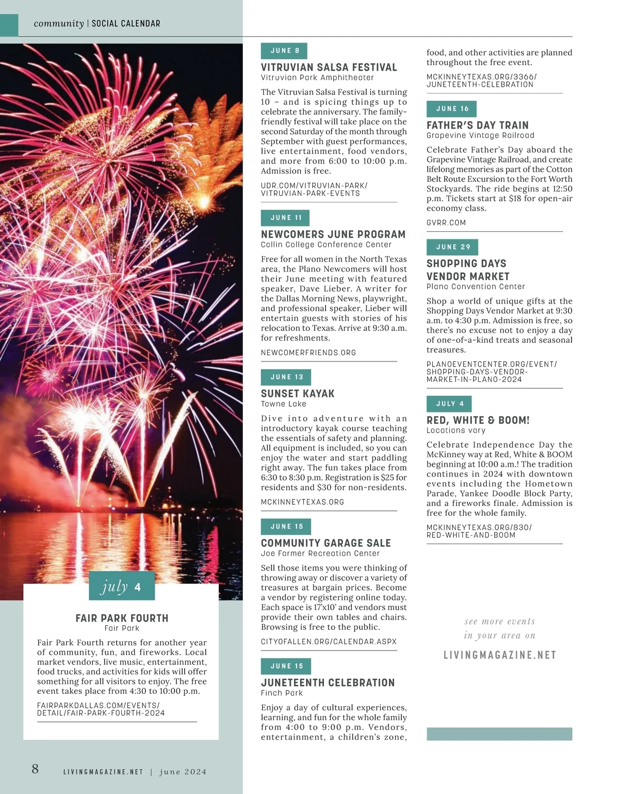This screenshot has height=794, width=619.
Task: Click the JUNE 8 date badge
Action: coord(284,51)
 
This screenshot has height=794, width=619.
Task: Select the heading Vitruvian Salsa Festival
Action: coord(329,67)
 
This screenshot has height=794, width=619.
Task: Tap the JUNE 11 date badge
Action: coord(285,217)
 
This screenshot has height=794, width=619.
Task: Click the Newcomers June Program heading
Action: coord(333,234)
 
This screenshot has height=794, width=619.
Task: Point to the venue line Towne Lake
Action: coord(283,404)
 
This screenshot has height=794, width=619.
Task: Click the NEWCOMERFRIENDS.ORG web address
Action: coord(308,353)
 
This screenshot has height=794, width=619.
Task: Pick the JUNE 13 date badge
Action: coord(286,377)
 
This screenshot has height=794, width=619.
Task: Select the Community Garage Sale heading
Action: coord(325,543)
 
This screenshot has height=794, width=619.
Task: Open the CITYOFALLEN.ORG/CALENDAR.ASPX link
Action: coord(329,641)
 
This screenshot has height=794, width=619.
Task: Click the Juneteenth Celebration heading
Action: coord(328,682)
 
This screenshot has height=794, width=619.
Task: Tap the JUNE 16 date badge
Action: coord(452,108)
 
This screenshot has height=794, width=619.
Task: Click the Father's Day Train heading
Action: coord(477,125)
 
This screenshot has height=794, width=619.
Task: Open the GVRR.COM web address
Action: coord(446,223)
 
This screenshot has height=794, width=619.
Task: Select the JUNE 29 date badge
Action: coord(452,247)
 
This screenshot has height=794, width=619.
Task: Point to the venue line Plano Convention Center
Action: coord(475,286)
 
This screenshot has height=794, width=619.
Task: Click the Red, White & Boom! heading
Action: coord(478,420)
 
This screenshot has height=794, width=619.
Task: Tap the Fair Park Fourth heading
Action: coord(122,618)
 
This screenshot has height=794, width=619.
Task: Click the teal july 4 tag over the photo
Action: coord(122,586)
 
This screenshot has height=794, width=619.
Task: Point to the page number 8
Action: coord(35,769)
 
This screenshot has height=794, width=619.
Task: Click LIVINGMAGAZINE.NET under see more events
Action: coord(499,655)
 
